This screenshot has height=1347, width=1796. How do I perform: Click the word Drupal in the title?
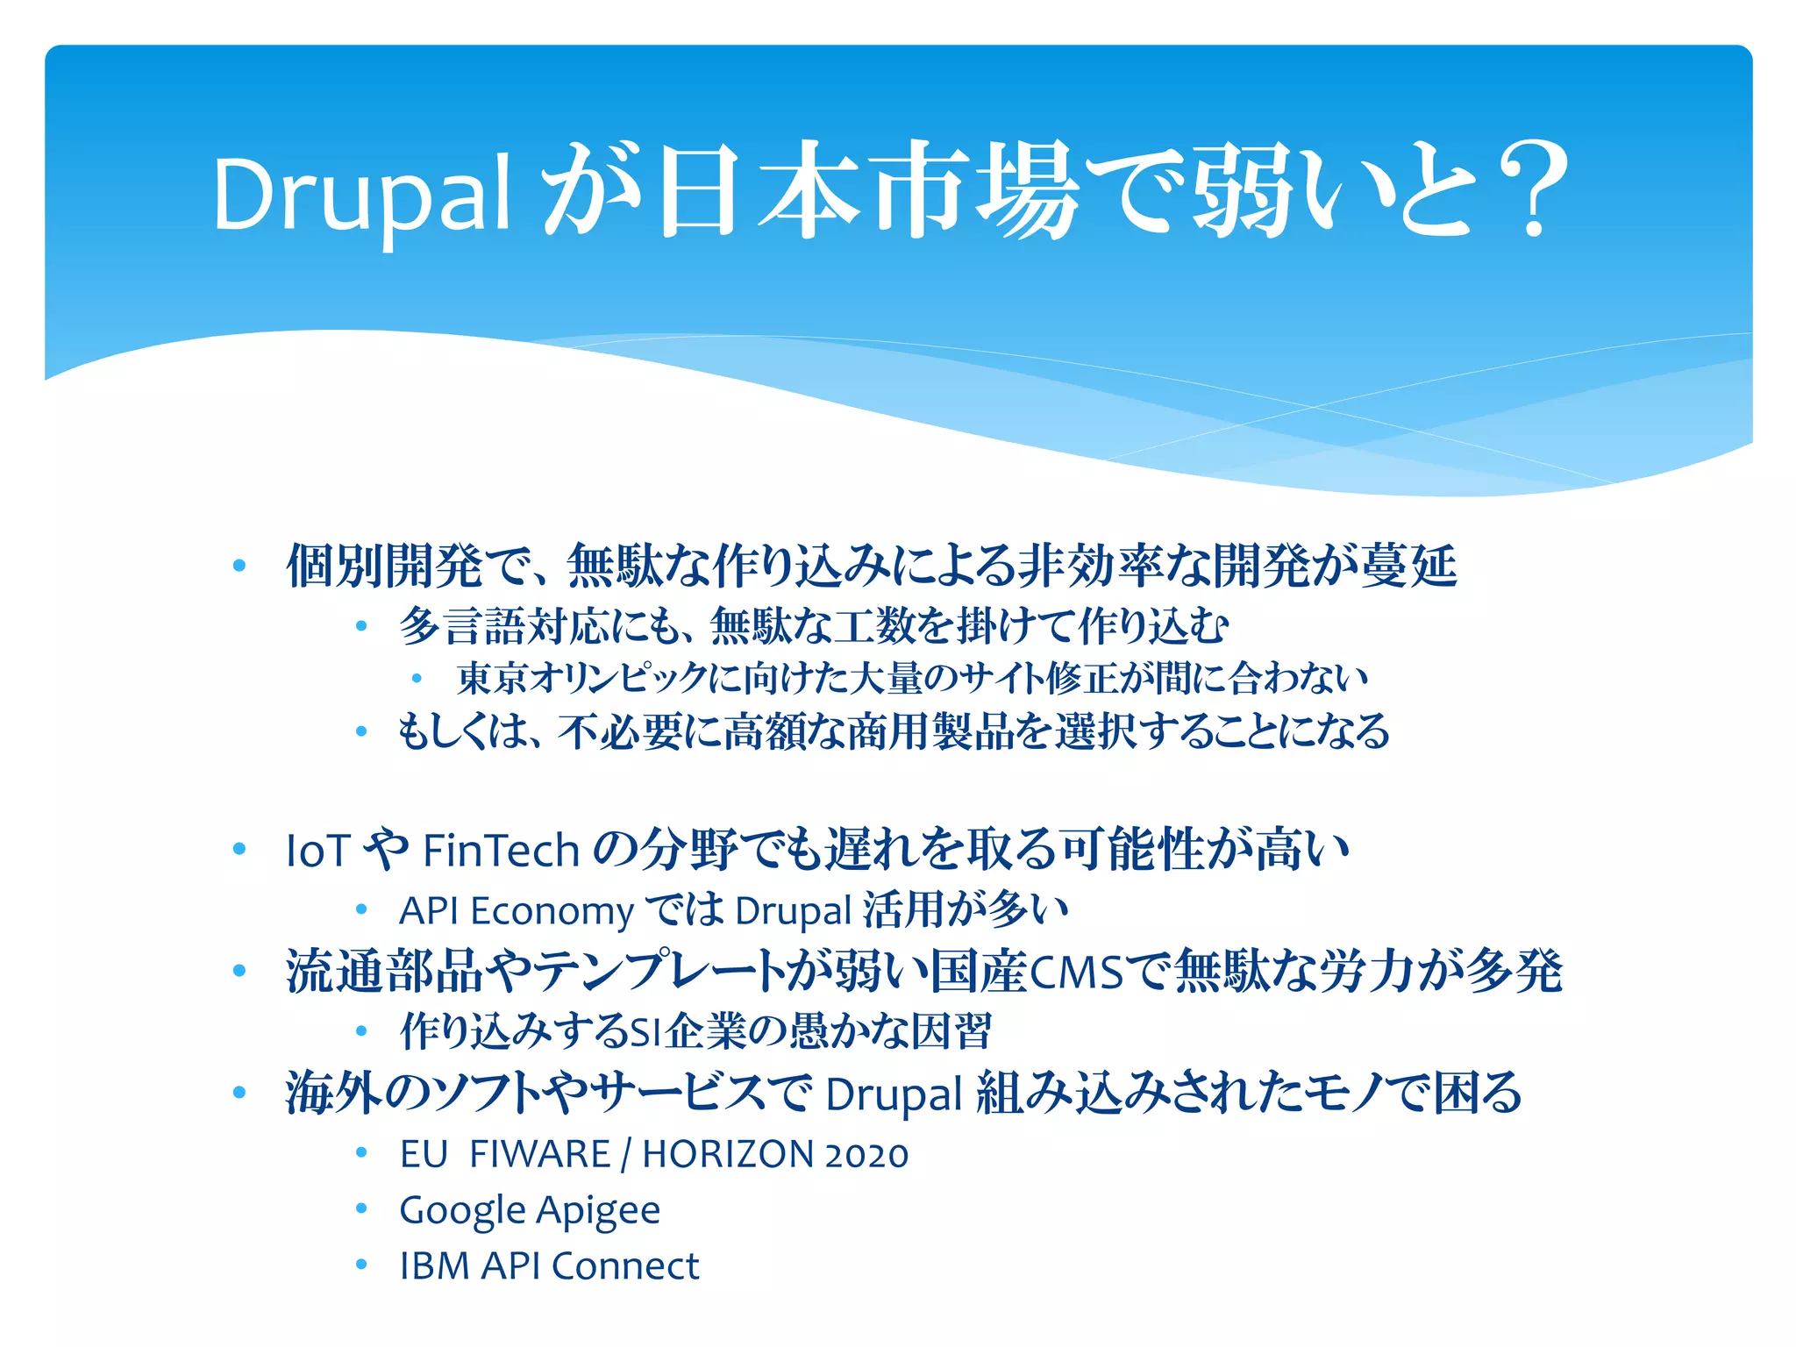(x=361, y=195)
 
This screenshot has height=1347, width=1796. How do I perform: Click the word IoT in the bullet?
(x=317, y=852)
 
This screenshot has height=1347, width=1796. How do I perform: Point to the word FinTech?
(x=501, y=852)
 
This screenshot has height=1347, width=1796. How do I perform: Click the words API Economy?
(x=516, y=911)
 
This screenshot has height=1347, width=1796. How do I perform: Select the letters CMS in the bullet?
(x=1076, y=973)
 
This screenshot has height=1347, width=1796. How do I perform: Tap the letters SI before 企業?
(x=645, y=1032)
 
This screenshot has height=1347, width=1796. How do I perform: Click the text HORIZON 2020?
(x=775, y=1154)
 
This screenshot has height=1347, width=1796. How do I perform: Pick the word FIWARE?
(x=539, y=1154)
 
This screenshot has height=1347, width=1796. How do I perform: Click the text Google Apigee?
(x=530, y=1211)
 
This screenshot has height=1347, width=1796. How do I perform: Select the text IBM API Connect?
(x=549, y=1266)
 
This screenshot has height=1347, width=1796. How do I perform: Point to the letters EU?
(x=424, y=1154)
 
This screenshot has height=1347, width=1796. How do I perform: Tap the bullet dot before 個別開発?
(x=239, y=566)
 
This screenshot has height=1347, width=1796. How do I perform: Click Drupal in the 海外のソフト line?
(x=894, y=1094)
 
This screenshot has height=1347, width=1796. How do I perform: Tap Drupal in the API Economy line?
(x=793, y=911)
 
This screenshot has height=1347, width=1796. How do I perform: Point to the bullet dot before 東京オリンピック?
(x=417, y=678)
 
